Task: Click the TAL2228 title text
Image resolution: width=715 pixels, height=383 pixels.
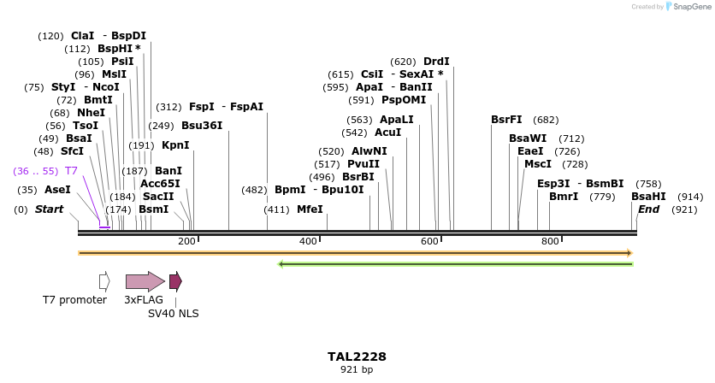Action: [x=357, y=356]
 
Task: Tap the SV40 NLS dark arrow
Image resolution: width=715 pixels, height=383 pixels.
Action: [x=175, y=281]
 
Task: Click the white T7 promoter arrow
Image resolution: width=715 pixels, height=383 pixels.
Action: [x=104, y=281]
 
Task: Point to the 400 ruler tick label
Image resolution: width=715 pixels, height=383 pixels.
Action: [x=308, y=242]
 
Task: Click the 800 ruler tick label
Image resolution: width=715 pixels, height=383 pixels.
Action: [x=550, y=242]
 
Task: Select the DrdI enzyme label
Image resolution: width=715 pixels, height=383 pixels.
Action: [x=436, y=62]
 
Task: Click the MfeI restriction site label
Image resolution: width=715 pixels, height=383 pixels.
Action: [x=310, y=209]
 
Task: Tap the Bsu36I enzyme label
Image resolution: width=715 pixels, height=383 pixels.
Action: [x=202, y=126]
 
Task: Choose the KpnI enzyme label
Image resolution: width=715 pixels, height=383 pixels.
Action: [x=175, y=145]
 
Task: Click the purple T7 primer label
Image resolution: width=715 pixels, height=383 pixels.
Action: [x=71, y=171]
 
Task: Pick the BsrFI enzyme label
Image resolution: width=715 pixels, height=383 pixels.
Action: [x=506, y=120]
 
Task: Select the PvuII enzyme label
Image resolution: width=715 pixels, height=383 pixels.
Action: [x=363, y=164]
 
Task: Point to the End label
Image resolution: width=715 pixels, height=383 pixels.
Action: [x=649, y=209]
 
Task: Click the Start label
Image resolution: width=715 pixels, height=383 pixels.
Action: [x=49, y=209]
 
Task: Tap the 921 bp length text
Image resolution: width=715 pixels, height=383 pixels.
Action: [x=357, y=369]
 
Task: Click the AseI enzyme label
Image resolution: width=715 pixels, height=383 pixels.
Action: [x=57, y=190]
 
